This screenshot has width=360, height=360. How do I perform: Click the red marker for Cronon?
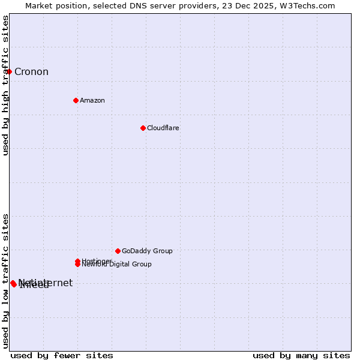[x=9, y=72]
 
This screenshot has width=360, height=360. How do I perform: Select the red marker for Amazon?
[x=76, y=100]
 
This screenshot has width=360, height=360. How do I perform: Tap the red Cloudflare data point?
[x=143, y=128]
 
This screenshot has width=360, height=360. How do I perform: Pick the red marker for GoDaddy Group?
[x=118, y=251]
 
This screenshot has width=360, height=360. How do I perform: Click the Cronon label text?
[x=31, y=72]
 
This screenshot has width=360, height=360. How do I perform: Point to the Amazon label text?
[x=92, y=100]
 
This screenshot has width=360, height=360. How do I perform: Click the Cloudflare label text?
[x=163, y=128]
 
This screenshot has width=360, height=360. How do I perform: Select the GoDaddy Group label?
[x=147, y=251]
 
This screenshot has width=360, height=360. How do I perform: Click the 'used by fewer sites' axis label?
[x=62, y=355]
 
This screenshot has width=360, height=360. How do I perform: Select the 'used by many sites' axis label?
[x=301, y=355]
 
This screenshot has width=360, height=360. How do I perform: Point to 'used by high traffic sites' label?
[x=5, y=85]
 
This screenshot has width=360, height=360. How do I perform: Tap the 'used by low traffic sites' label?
[x=5, y=280]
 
